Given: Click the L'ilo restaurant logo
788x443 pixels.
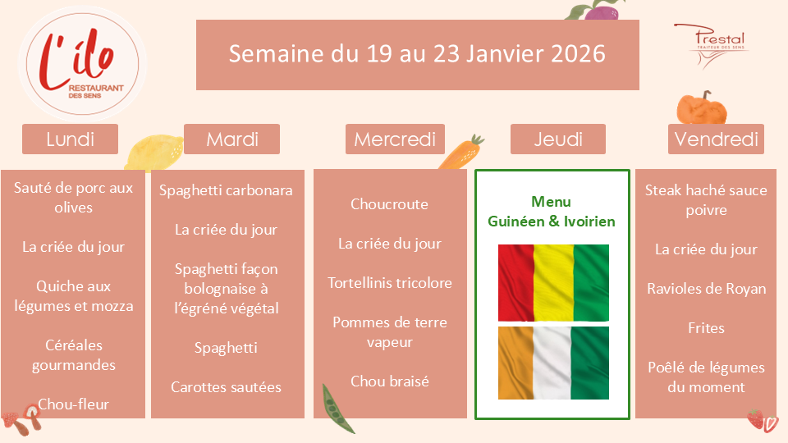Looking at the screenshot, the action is click(x=82, y=64).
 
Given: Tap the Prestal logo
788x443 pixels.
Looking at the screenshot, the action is click(x=712, y=45).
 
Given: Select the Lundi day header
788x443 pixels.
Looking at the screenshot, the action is click(x=70, y=139).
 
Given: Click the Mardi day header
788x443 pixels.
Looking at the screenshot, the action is click(x=231, y=139).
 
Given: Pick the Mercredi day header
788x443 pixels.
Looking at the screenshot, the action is click(x=395, y=139).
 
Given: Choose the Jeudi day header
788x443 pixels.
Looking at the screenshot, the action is click(x=558, y=139).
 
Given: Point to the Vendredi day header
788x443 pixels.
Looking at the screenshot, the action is click(x=716, y=139).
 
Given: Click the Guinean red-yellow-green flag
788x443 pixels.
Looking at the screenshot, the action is click(x=553, y=283).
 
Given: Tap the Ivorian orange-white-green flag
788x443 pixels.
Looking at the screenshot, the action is click(x=553, y=363).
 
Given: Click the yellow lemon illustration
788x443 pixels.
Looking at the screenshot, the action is click(x=153, y=153).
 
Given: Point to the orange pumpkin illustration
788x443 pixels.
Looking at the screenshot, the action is click(x=702, y=108).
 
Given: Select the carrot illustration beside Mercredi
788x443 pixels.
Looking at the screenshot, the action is click(x=460, y=153).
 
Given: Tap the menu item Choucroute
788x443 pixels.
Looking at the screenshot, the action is click(x=389, y=204).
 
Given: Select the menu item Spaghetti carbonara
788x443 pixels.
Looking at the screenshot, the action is click(x=226, y=191).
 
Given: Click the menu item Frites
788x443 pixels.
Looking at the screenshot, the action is click(x=706, y=328).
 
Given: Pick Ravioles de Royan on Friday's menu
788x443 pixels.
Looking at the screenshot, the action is click(x=706, y=289).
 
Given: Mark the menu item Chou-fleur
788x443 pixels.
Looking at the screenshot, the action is click(x=73, y=404).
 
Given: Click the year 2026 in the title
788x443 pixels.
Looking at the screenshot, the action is click(x=578, y=54).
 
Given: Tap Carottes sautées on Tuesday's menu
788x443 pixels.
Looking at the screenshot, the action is click(x=227, y=387).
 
